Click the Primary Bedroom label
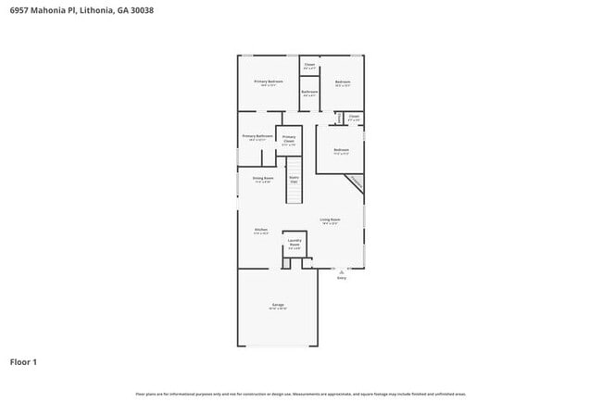269,82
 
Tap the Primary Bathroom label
257,136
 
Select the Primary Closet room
289,140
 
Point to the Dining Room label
263,178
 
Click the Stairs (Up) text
294,178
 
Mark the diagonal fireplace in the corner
356,185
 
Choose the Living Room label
330,220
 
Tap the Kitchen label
261,231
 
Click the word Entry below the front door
341,277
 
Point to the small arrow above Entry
341,270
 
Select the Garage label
278,305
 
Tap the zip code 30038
142,10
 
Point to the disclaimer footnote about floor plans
300,394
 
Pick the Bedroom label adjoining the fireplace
341,150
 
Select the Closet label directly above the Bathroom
309,66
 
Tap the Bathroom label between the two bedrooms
309,92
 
